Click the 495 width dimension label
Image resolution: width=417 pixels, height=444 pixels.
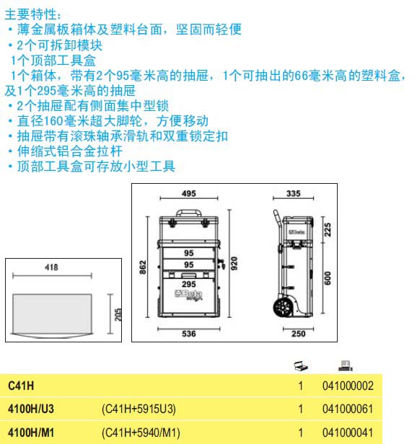point(189,193)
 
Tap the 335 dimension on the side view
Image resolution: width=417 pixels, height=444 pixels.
point(293,193)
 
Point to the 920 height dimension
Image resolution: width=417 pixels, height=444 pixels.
point(234,263)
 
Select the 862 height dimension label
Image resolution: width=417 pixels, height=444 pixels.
point(143,267)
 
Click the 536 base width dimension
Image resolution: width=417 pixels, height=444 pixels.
point(189,334)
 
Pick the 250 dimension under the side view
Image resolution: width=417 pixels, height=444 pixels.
point(298,334)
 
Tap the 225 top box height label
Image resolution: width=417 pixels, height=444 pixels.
point(328,229)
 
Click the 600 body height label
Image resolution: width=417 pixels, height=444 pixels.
point(328,277)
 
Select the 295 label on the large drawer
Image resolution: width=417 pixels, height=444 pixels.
point(189,284)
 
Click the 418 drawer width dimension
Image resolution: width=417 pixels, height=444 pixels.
point(51,267)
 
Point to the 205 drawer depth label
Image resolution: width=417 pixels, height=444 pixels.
point(118,314)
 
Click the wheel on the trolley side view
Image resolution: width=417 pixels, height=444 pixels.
point(283,306)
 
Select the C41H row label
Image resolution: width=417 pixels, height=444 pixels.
point(21,386)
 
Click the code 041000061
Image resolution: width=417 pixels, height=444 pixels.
point(348,409)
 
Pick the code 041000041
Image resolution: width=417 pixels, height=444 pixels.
point(348,432)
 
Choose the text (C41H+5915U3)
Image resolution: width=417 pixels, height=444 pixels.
point(139,409)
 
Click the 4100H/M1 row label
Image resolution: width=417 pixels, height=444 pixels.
point(31,432)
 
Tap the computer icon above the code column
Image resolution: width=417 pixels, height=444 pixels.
point(346,365)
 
